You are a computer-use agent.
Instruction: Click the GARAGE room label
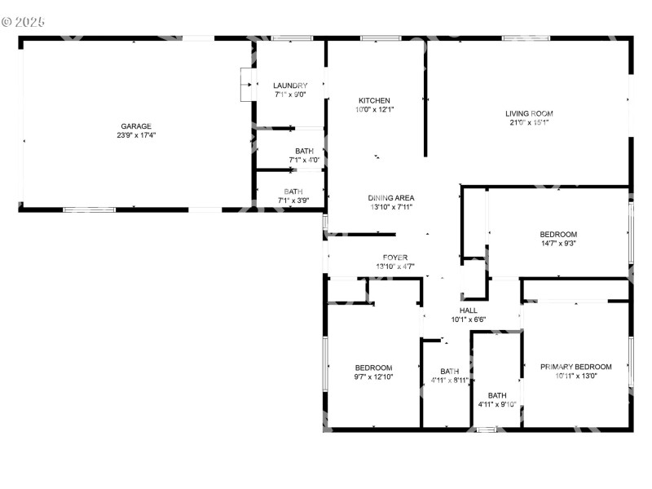click(x=136, y=126)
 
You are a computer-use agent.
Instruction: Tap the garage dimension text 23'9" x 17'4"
click(x=136, y=135)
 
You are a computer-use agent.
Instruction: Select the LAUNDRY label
click(x=290, y=86)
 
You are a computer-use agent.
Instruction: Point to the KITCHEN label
click(x=374, y=100)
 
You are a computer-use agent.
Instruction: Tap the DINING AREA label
click(x=391, y=198)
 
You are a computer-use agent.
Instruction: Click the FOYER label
click(x=395, y=258)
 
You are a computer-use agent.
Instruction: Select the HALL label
click(x=469, y=311)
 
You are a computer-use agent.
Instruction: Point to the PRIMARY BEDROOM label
click(x=576, y=367)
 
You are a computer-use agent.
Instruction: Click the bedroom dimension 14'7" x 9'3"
click(x=558, y=244)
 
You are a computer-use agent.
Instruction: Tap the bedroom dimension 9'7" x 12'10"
click(x=374, y=377)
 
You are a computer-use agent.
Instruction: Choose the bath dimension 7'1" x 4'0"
click(x=304, y=160)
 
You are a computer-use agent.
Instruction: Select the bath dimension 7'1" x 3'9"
click(x=293, y=200)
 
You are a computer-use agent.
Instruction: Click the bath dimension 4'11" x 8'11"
click(x=449, y=381)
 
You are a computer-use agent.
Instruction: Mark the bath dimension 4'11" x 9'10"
click(x=497, y=405)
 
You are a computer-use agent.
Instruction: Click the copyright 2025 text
click(x=24, y=21)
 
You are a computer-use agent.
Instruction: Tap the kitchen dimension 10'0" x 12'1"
click(x=374, y=109)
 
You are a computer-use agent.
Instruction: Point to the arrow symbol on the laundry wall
click(x=245, y=84)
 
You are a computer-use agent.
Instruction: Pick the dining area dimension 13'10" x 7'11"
click(x=391, y=207)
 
